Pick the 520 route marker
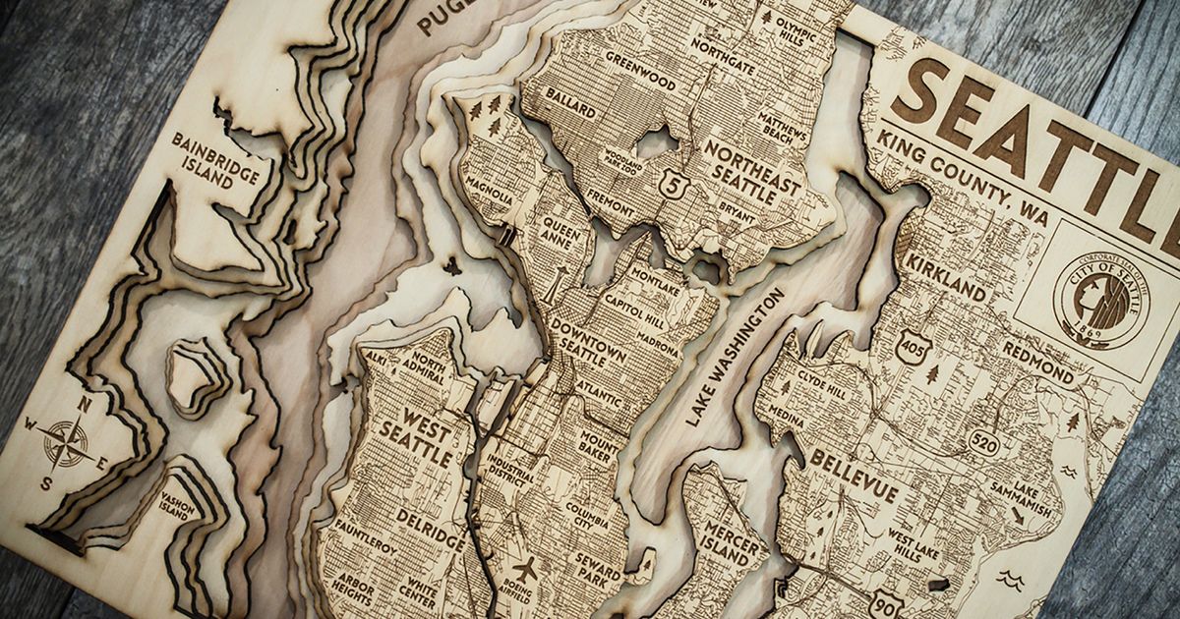click(x=982, y=443)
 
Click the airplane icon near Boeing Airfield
click(x=525, y=567)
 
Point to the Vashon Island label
click(x=181, y=503)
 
